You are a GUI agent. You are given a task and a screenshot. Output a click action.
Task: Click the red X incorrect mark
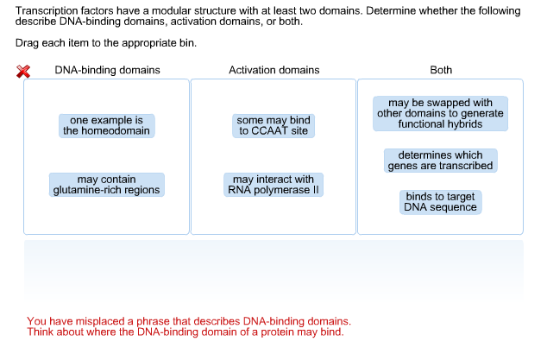point(23,72)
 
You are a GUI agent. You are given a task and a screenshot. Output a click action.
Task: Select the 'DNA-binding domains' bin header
point(107,70)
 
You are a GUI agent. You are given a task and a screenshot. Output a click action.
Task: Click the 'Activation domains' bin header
point(273,70)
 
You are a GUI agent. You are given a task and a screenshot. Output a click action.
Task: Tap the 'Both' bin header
point(441,70)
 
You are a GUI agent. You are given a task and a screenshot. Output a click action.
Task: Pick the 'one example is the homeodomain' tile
point(106,125)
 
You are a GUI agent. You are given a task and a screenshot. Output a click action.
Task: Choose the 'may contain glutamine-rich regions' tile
point(106,185)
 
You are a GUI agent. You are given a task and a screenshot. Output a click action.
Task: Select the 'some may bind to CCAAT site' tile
point(273,125)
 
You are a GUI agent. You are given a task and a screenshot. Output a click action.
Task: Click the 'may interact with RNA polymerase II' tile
point(273,185)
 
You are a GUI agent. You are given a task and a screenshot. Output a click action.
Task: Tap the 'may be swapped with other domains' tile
point(440,113)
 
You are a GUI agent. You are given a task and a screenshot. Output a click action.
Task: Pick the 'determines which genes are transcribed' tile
point(440,161)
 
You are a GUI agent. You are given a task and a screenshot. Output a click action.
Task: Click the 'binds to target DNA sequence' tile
point(440,202)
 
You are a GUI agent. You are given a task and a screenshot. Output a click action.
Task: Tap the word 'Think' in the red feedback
point(41,332)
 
